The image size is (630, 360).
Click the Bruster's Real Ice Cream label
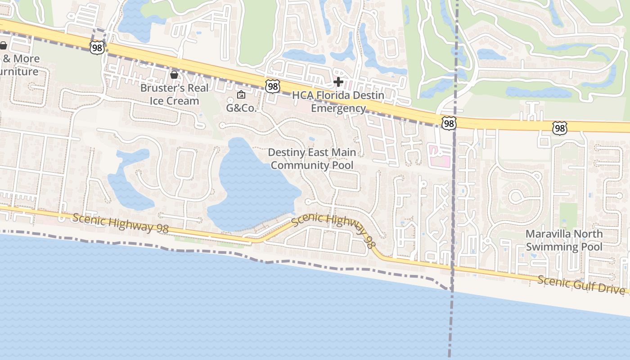click(174, 94)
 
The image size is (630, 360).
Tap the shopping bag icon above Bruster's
click(174, 74)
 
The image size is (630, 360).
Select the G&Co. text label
click(241, 108)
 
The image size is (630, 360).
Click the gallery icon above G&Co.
click(241, 94)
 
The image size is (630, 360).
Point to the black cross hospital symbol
click(338, 82)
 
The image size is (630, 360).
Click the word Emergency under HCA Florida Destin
click(338, 108)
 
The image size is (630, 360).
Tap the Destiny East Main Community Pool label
click(312, 159)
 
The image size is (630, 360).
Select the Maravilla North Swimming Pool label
click(564, 240)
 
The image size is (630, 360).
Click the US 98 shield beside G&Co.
click(272, 86)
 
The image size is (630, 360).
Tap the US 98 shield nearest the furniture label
click(97, 47)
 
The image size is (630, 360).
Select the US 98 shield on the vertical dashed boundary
click(449, 123)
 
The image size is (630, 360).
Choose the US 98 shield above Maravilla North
click(559, 129)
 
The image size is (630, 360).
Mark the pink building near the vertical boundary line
click(439, 157)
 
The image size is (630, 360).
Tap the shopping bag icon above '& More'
click(3, 45)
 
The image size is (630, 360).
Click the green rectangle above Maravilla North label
click(568, 216)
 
